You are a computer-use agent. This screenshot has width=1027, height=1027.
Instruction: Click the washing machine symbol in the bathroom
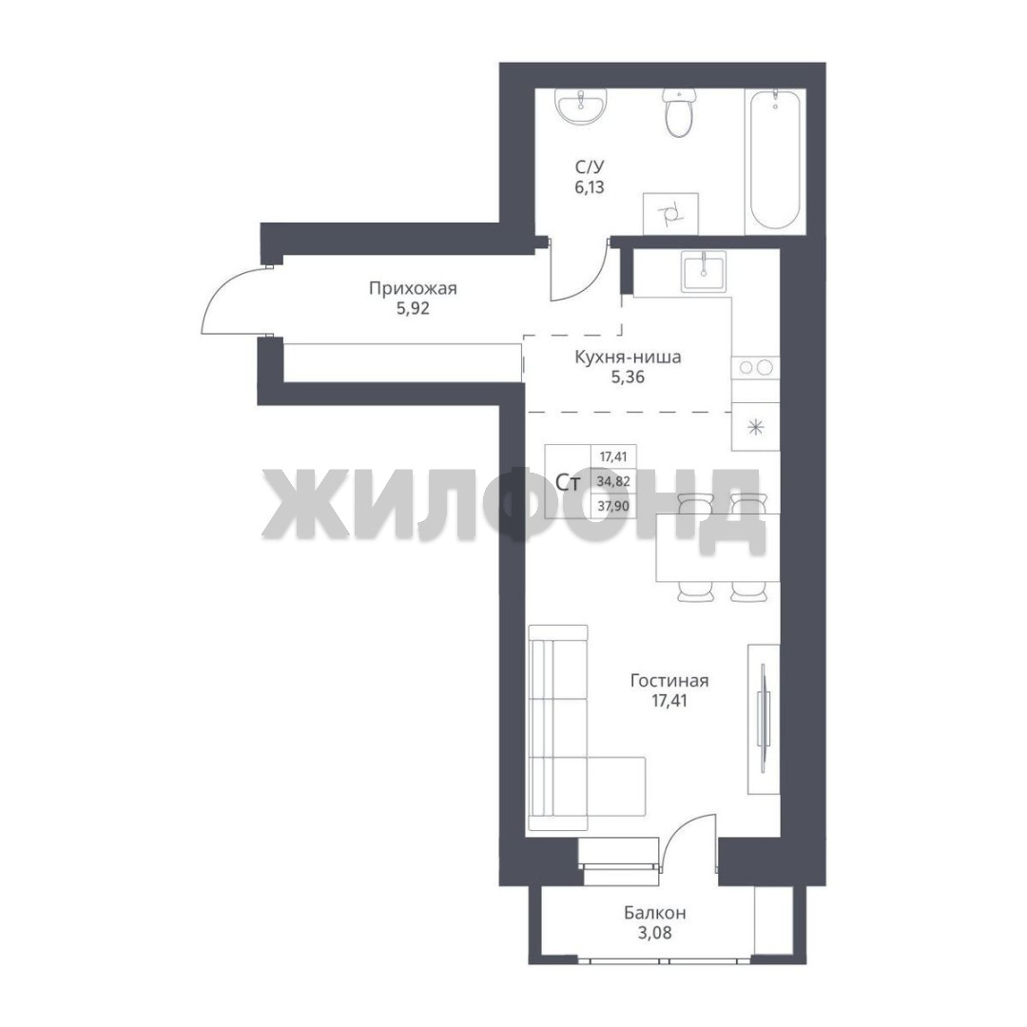click(670, 214)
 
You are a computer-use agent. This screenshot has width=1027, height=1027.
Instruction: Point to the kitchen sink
click(704, 272)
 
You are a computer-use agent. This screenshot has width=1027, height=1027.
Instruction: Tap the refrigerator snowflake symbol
click(757, 428)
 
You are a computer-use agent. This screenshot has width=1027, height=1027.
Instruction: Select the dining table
click(717, 548)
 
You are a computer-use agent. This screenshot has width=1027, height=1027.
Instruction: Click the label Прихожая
click(413, 288)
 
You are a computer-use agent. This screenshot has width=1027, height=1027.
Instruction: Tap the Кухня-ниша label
click(629, 357)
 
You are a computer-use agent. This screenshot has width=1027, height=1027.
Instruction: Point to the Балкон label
click(655, 912)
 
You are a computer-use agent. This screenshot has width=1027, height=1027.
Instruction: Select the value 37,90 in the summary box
click(613, 506)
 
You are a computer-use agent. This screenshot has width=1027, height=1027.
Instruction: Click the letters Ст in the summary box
click(567, 483)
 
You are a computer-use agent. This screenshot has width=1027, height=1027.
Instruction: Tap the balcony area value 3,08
click(655, 932)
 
